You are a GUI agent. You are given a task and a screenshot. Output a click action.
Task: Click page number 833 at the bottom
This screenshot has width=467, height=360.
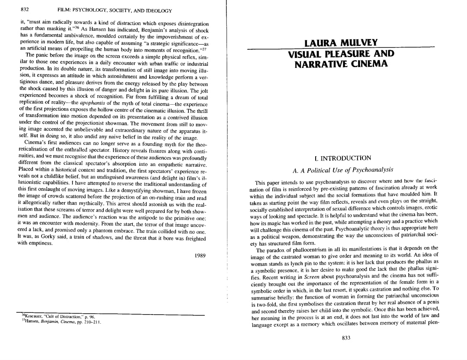pyautogui.click(x=345, y=338)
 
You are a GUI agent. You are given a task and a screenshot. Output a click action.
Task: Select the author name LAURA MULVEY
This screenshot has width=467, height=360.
pyautogui.click(x=341, y=43)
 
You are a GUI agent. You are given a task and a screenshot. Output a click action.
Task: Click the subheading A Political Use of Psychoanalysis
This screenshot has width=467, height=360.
pyautogui.click(x=343, y=170)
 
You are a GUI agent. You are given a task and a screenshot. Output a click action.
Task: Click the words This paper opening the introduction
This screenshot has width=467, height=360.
pyautogui.click(x=269, y=182)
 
